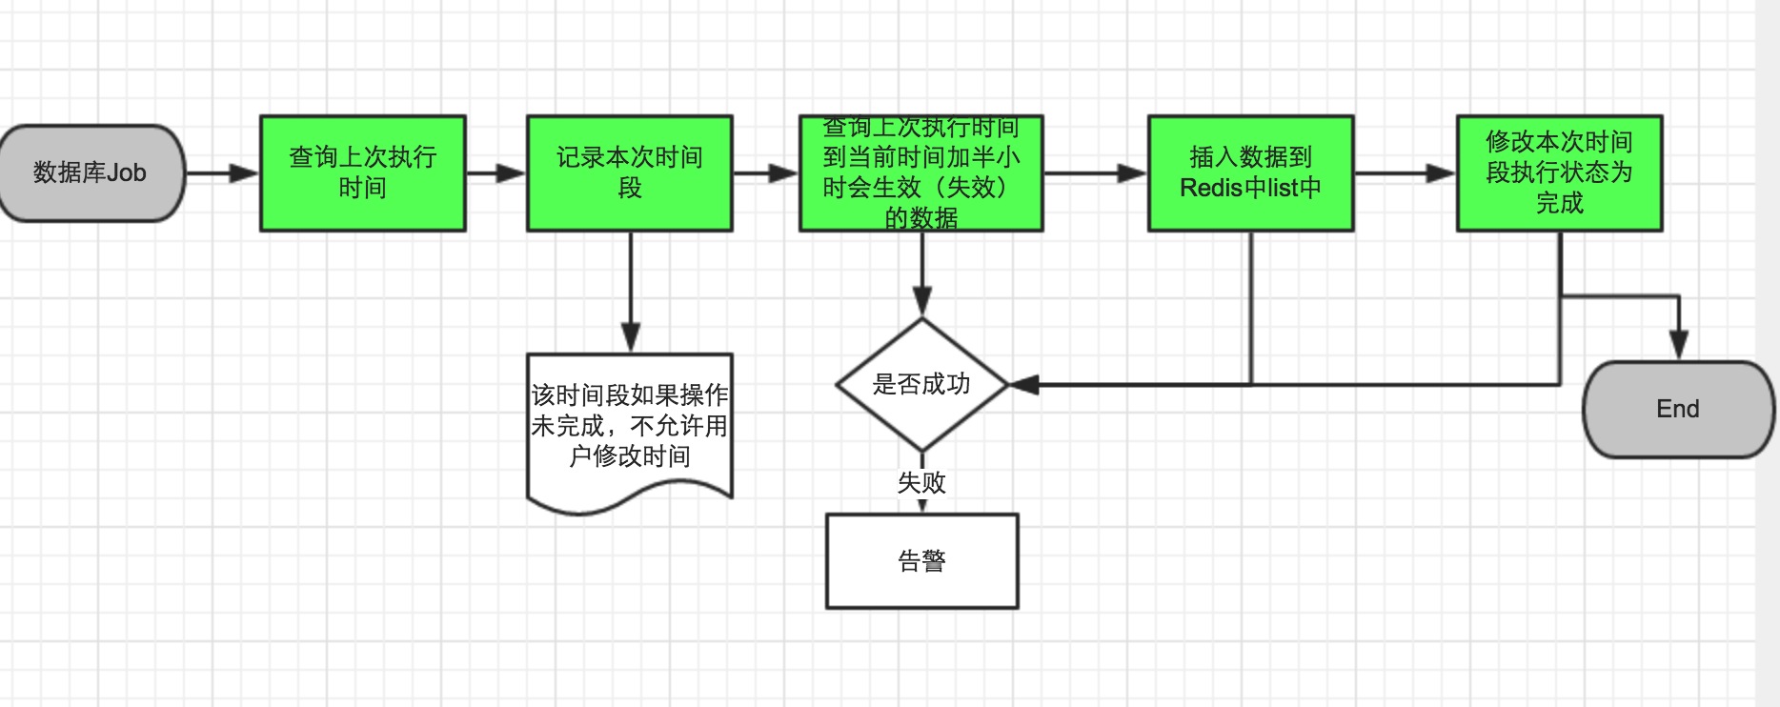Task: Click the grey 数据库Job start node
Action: [91, 173]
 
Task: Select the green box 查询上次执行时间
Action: [363, 173]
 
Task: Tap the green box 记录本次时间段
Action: [630, 173]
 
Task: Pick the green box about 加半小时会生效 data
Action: [920, 173]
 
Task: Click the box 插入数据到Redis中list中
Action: [1250, 173]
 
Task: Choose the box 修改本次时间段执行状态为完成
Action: [1559, 173]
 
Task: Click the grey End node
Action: [1678, 410]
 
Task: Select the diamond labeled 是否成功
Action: [921, 384]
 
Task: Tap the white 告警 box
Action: [921, 561]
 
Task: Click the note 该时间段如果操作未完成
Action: [630, 426]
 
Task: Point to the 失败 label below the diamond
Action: [921, 483]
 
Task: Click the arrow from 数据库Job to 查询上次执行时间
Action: [221, 173]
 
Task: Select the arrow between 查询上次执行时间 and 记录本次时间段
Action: [496, 173]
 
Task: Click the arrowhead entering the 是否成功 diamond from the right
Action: [1023, 385]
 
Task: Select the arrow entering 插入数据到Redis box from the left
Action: [1096, 173]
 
